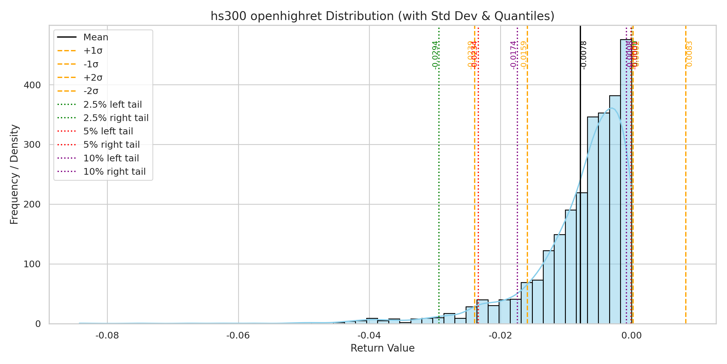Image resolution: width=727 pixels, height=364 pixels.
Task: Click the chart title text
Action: (382, 16)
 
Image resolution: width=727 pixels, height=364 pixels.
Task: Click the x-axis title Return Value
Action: (382, 348)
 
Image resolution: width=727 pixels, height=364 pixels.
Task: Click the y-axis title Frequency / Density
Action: (14, 174)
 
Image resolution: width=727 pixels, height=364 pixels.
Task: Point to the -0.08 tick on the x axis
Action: (107, 336)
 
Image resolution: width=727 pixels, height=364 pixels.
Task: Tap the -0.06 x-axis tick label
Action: (238, 336)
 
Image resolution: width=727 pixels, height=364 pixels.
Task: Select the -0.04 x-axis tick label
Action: (369, 336)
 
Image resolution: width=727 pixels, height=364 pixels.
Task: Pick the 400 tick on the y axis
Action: (32, 85)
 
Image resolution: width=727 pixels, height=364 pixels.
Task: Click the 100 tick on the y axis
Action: (32, 264)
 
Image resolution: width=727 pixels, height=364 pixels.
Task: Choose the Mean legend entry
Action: (96, 37)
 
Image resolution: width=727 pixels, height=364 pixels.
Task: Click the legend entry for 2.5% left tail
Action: (112, 105)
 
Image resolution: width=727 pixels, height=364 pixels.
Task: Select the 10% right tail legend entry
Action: (115, 172)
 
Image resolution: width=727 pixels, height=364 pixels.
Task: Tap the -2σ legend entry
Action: (91, 91)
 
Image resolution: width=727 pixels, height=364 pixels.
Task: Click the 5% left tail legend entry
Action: (108, 131)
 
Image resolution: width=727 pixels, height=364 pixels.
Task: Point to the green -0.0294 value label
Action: (435, 55)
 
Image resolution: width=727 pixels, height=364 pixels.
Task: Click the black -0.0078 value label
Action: (584, 55)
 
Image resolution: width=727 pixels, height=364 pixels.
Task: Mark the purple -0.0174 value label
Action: (513, 55)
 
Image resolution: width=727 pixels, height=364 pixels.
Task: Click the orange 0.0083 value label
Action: (689, 54)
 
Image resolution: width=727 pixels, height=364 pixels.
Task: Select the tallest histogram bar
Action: (626, 182)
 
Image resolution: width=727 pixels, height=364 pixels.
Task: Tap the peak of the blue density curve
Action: (612, 108)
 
